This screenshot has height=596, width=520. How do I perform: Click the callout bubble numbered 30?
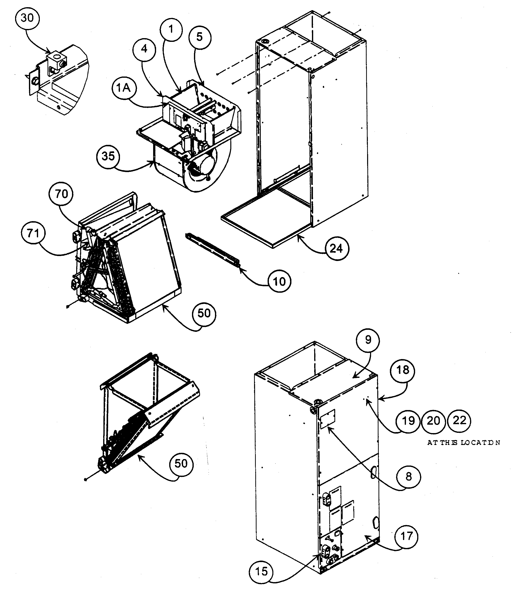click(x=27, y=18)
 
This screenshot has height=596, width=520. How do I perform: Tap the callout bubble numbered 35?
click(x=108, y=156)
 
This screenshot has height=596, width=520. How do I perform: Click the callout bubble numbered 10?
click(x=279, y=281)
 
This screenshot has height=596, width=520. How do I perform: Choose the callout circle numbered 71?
click(x=33, y=233)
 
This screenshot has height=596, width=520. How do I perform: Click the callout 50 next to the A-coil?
click(x=204, y=313)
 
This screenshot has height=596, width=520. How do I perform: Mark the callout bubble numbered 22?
click(x=459, y=421)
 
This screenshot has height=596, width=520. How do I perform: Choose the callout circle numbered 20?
click(x=433, y=421)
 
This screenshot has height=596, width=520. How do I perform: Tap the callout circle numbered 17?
click(x=406, y=536)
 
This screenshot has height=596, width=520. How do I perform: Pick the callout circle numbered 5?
click(x=200, y=37)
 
